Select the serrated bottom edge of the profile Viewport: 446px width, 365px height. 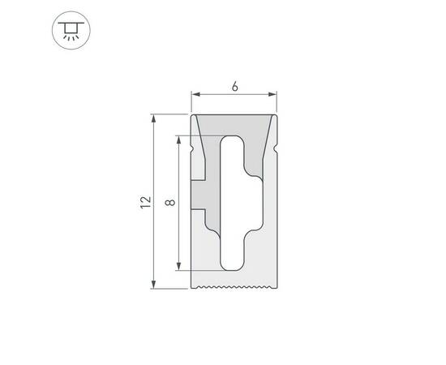tap(234, 286)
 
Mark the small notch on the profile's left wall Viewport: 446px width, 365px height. tap(194, 151)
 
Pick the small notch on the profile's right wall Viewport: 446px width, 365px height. tap(276, 151)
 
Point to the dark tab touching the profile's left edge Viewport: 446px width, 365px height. tap(200, 195)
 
